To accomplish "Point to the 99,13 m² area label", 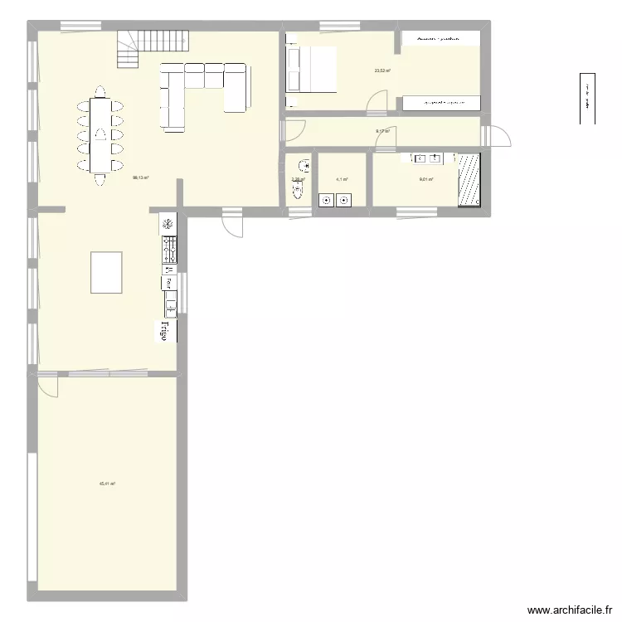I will pos(140,177).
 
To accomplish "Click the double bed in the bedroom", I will pos(312,69).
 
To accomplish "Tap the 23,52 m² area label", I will pos(382,70).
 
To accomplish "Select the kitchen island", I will pos(106,272).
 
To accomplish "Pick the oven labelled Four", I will pos(168,283).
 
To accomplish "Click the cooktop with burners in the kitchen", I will pos(168,250).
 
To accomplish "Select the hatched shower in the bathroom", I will pos(470,178).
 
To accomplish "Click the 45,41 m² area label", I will pos(107,484).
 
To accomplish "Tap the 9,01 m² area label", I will pos(426,179).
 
